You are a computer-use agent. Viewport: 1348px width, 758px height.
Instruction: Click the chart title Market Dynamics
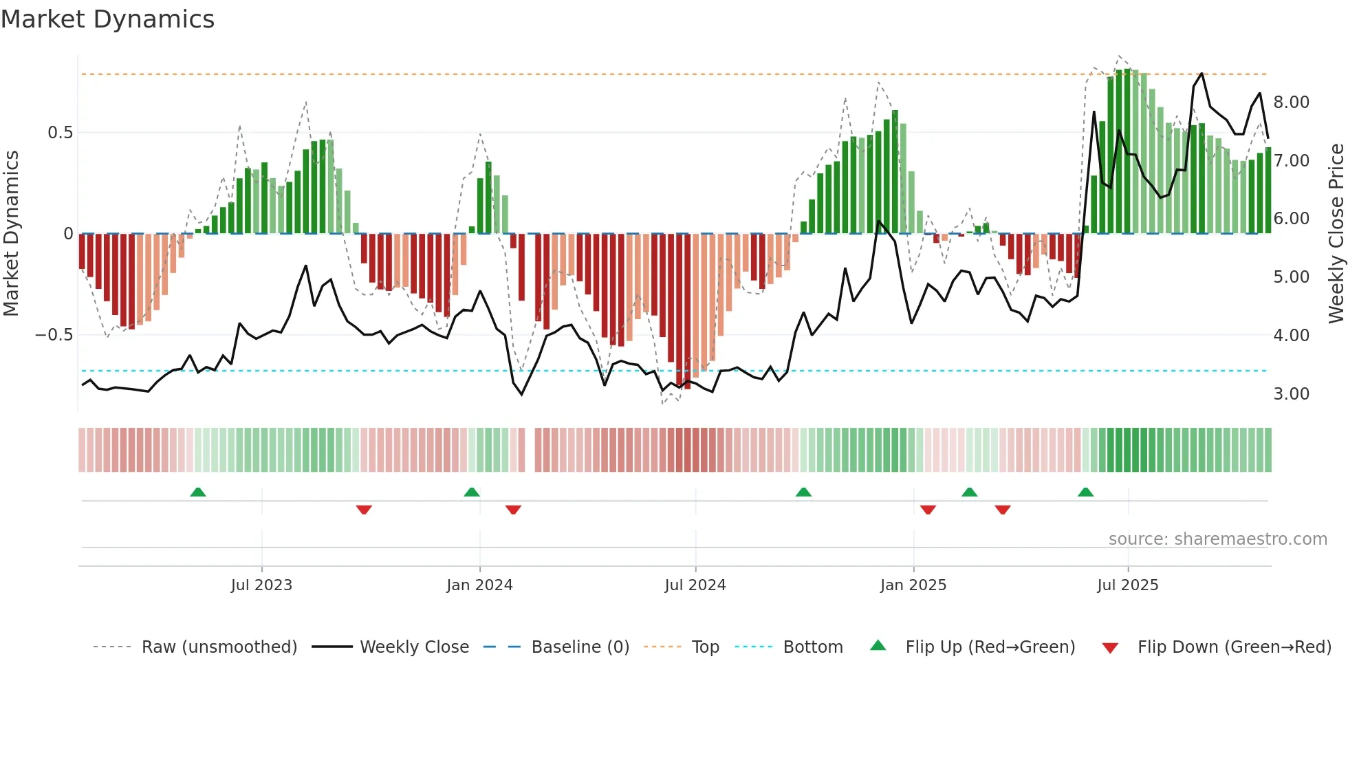[x=108, y=19]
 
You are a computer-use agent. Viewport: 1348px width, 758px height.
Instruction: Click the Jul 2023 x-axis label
[x=261, y=585]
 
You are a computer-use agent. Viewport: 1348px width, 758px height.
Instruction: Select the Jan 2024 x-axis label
[x=479, y=585]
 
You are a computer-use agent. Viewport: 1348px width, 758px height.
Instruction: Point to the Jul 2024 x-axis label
[x=695, y=585]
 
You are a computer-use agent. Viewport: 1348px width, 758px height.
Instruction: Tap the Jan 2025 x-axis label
[x=913, y=585]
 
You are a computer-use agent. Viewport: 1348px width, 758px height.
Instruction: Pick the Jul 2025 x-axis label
[x=1128, y=585]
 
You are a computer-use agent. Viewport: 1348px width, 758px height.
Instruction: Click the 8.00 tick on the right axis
[x=1291, y=102]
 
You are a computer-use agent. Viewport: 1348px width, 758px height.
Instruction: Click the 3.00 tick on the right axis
[x=1291, y=394]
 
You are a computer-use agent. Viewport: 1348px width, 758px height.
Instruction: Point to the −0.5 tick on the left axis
[x=54, y=335]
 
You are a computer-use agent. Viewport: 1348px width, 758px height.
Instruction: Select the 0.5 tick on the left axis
[x=60, y=133]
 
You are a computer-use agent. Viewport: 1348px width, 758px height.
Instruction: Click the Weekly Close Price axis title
[x=1336, y=234]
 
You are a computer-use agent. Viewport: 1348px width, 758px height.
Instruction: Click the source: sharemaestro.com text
[x=1217, y=539]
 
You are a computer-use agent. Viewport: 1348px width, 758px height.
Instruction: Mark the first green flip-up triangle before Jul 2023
[x=198, y=492]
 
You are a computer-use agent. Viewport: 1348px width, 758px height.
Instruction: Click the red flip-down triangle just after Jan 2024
[x=513, y=510]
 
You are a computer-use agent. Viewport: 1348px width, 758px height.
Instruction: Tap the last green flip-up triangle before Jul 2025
[x=1085, y=492]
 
